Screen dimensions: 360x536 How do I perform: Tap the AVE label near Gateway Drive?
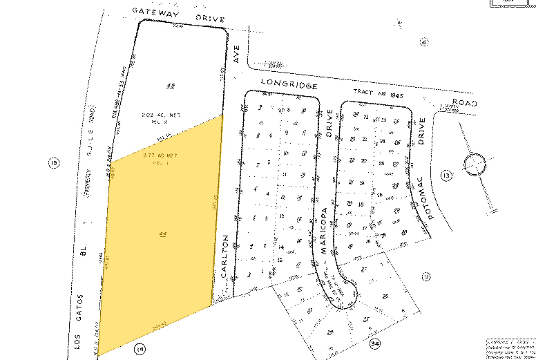click(x=235, y=59)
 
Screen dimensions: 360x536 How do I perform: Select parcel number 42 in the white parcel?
click(x=170, y=86)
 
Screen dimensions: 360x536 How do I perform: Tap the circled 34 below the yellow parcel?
click(x=141, y=348)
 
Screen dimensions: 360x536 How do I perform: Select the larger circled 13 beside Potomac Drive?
click(x=447, y=177)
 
